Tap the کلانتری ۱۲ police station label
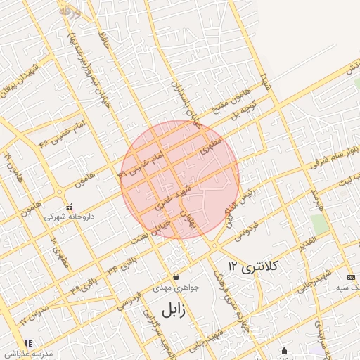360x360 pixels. pos(254,266)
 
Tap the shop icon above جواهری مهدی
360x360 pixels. pos(176,276)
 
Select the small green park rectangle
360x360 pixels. pos(320,224)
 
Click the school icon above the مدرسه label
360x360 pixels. pos(10,345)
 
